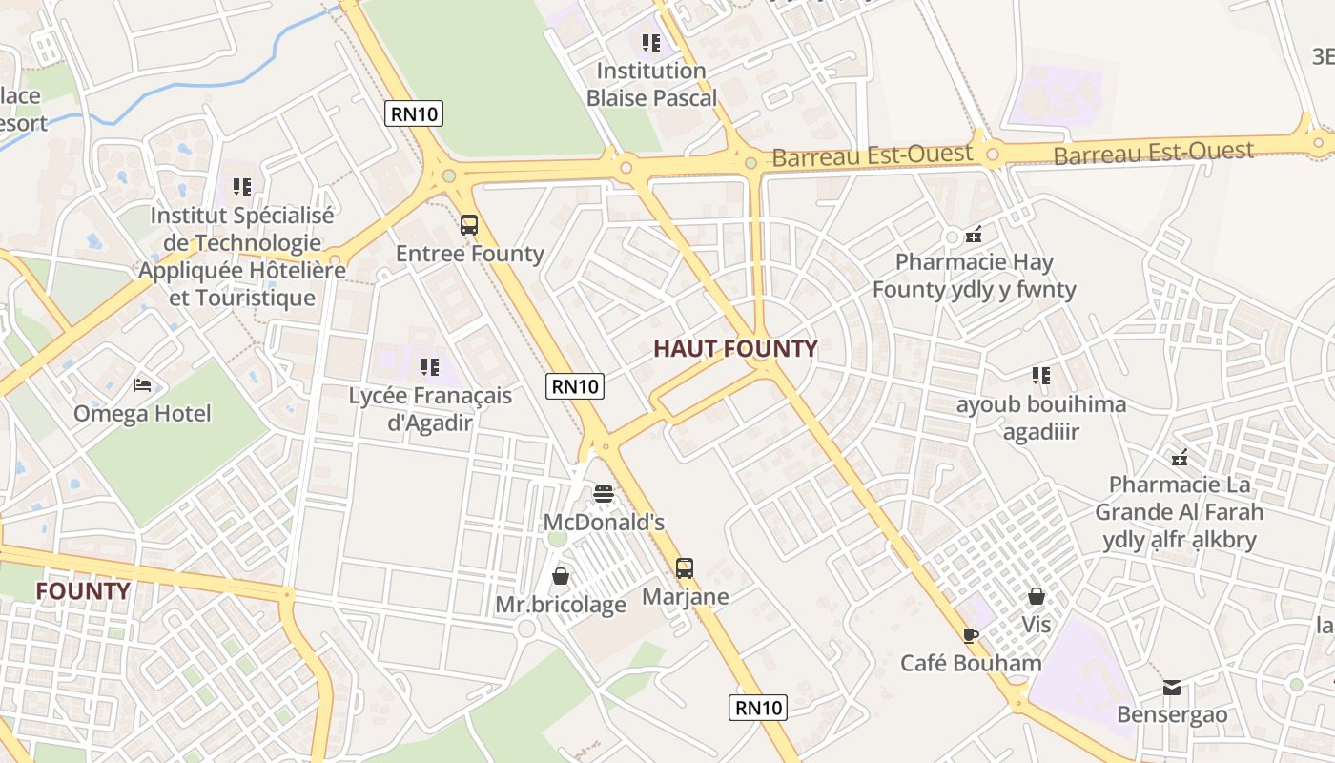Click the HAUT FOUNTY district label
735,349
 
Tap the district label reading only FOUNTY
83,591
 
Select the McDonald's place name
604,523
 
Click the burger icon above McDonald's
603,493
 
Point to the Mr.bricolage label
561,605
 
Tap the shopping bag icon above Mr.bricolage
561,576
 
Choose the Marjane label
685,597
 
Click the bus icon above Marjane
685,568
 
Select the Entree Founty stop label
469,254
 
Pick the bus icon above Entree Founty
469,225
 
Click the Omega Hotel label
142,414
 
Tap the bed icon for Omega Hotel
142,385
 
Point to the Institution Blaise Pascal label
651,84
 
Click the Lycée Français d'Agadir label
430,408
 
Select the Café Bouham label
971,663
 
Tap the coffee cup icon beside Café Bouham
971,635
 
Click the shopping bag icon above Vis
1037,596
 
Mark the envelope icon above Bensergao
1172,687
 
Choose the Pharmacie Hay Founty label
974,276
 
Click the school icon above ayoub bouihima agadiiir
1040,376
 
